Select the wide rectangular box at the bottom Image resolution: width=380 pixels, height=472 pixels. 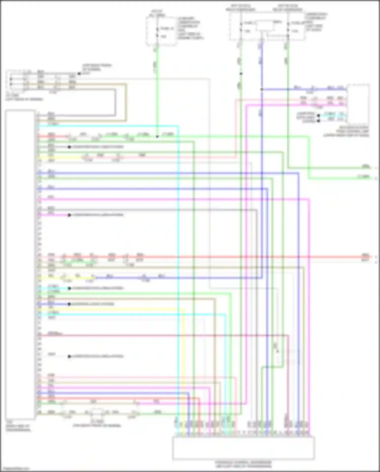[x=243, y=447]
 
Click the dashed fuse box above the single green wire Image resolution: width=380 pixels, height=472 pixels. [x=161, y=31]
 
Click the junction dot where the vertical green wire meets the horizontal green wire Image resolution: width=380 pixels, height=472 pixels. [x=157, y=136]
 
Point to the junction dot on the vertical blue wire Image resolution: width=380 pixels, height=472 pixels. [x=262, y=89]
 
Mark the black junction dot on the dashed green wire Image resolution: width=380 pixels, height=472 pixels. [x=241, y=74]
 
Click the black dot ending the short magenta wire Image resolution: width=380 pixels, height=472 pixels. [x=69, y=215]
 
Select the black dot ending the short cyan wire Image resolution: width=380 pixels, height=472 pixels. [x=69, y=288]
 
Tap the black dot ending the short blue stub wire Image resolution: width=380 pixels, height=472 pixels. [x=69, y=304]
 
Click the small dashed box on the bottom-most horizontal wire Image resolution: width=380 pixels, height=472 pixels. [x=97, y=413]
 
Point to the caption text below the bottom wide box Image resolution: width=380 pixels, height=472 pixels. [x=243, y=464]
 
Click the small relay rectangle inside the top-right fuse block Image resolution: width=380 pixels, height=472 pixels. [x=265, y=26]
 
